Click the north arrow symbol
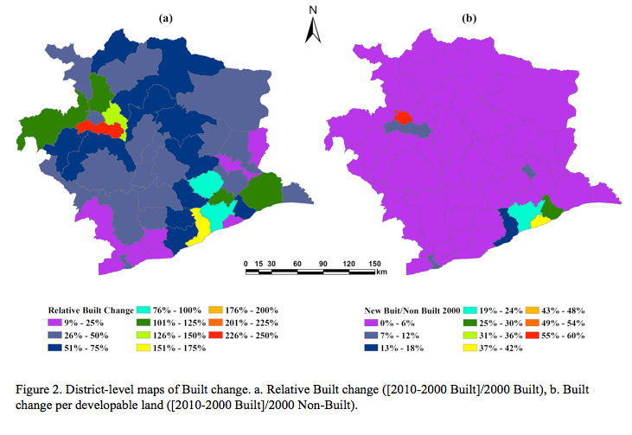314,27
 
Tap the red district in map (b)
403,117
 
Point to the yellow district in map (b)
539,221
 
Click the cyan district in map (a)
205,184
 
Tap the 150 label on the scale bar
375,263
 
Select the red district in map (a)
98,129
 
